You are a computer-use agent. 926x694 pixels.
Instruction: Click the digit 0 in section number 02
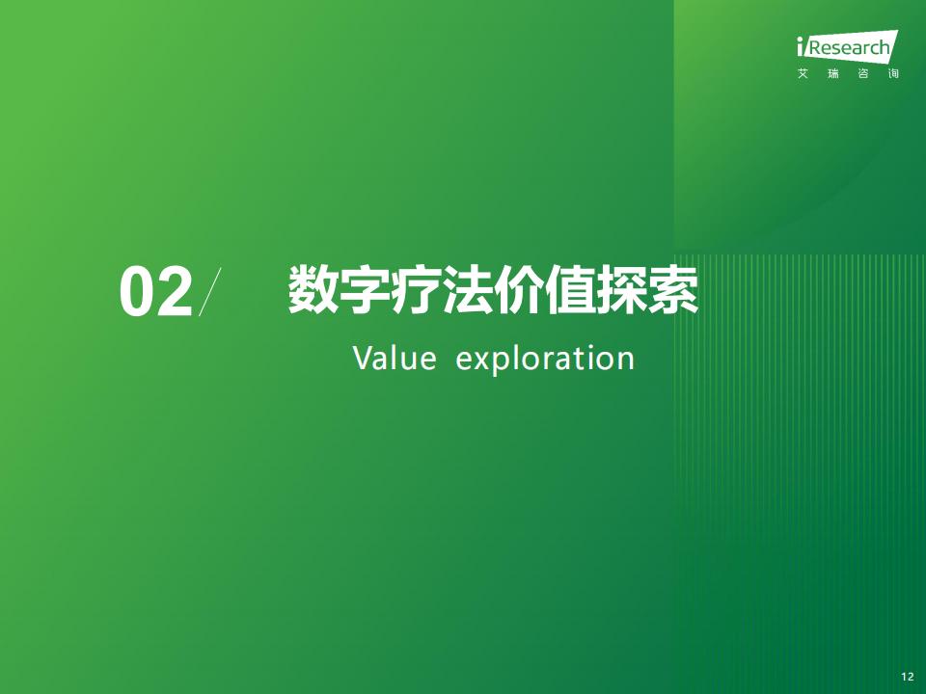coord(137,292)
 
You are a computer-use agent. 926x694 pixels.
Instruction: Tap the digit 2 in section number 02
coord(175,291)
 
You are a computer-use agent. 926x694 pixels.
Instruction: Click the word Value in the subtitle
coord(395,358)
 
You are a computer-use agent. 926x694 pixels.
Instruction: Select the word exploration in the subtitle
coord(545,359)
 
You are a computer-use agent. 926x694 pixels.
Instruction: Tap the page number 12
coord(908,677)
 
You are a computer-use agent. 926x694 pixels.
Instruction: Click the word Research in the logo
coord(849,47)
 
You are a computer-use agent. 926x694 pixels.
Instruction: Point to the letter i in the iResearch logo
coord(801,46)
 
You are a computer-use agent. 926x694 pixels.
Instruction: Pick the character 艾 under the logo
coord(803,74)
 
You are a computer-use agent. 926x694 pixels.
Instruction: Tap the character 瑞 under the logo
coord(833,74)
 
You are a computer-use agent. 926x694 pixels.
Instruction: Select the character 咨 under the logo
coord(863,74)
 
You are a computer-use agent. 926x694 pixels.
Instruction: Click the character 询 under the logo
coord(893,74)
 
